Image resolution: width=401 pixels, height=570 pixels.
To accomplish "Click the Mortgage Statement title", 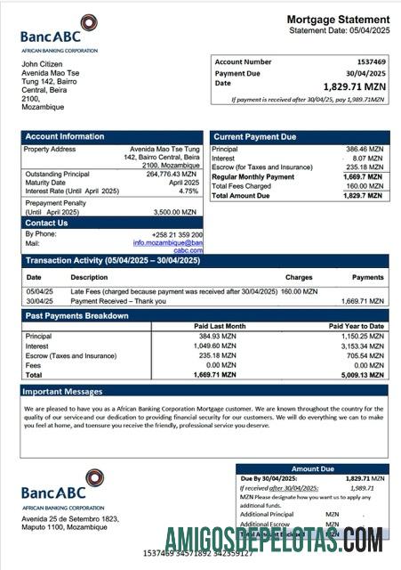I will [337, 20].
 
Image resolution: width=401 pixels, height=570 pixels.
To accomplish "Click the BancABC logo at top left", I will [60, 33].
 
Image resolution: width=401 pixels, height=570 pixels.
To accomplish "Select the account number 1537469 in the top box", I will [368, 62].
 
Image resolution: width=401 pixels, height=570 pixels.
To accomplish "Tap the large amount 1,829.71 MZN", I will [349, 86].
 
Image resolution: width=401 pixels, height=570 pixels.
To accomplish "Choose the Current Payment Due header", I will [254, 136].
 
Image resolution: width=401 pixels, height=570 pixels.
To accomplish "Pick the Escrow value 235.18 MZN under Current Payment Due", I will [364, 167].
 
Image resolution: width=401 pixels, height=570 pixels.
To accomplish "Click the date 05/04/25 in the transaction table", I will [39, 291].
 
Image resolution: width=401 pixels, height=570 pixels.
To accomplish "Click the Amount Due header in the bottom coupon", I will [312, 468].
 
